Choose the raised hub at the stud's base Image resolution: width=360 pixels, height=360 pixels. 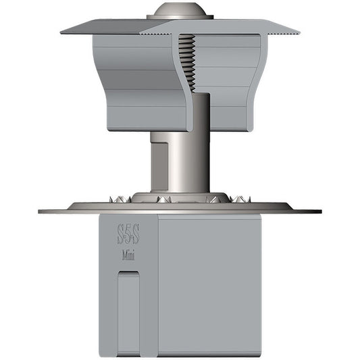pos(180,198)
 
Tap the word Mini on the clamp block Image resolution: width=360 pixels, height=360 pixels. pos(130,256)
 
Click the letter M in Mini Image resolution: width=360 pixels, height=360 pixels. pos(125,256)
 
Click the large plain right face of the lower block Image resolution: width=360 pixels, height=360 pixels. pos(209,284)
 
